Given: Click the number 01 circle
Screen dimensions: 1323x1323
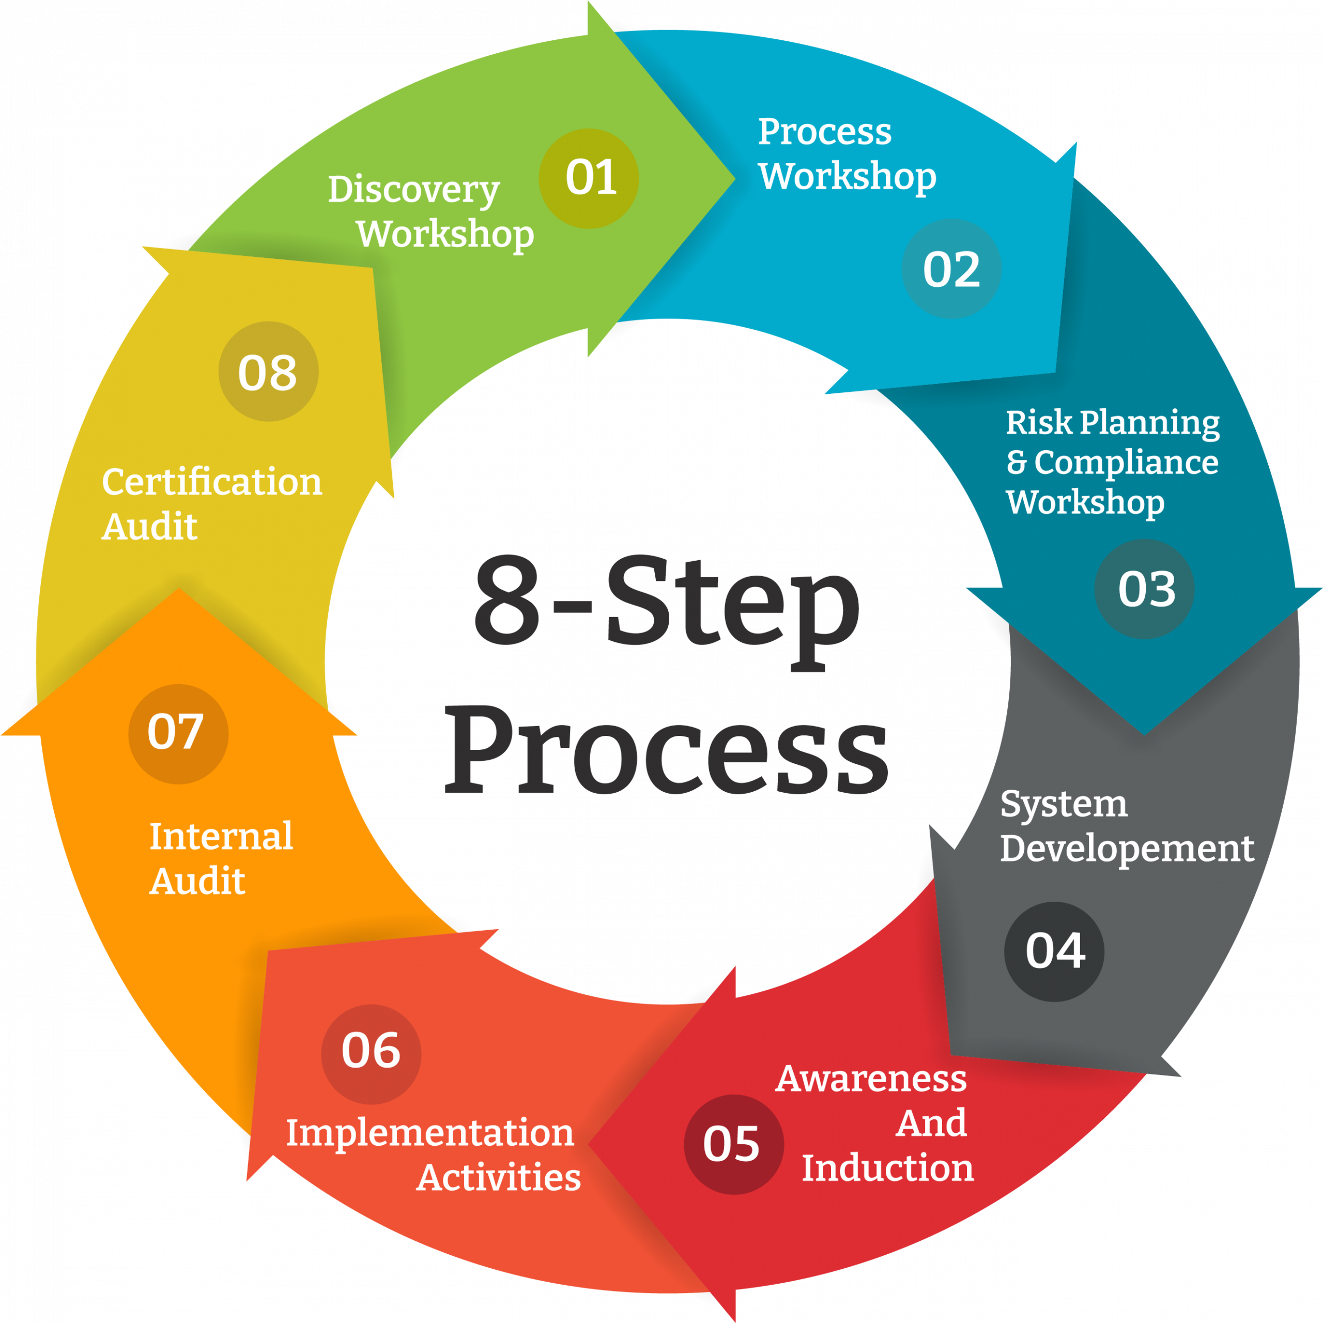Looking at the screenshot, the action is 589,178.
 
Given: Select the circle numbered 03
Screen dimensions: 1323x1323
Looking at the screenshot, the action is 1144,589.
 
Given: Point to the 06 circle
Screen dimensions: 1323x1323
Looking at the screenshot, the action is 371,1055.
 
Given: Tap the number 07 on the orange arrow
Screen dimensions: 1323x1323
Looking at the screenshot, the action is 178,734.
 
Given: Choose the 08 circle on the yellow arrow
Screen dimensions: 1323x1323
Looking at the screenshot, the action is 268,371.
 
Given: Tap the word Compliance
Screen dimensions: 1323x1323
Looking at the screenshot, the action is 1127,462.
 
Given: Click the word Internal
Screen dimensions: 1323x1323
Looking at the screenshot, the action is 221,836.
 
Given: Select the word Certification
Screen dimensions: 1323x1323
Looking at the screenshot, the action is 211,482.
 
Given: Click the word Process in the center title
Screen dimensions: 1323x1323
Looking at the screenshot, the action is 666,750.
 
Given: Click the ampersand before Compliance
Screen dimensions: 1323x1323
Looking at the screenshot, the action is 1017,462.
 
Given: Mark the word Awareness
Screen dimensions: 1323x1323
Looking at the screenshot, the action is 871,1079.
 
